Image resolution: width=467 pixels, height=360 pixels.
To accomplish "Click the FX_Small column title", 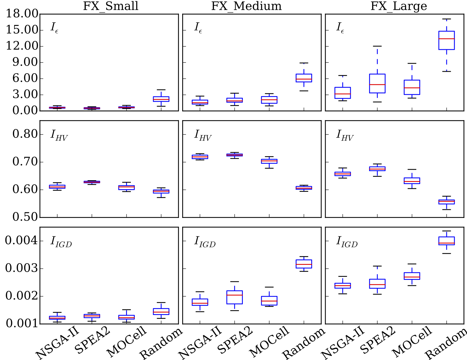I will (x=111, y=6).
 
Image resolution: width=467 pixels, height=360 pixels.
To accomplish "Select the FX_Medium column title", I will (x=246, y=6).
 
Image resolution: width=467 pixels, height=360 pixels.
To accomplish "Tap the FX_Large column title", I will (x=399, y=6).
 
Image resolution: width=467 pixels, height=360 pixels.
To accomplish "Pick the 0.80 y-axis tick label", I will (x=25, y=134).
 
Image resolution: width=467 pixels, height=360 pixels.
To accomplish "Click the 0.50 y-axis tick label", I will (x=25, y=217).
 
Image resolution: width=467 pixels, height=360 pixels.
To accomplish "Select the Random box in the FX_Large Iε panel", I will (x=447, y=40).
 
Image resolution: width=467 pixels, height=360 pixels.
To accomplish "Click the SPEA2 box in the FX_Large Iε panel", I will (x=377, y=83).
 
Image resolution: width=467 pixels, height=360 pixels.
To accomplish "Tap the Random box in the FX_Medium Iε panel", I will (x=304, y=78).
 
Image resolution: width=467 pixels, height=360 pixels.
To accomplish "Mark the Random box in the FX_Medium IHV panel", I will (x=304, y=188).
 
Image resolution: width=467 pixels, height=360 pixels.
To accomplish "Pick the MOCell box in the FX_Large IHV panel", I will (x=412, y=181).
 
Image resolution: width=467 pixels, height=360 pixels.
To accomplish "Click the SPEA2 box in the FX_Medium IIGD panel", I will (x=234, y=297).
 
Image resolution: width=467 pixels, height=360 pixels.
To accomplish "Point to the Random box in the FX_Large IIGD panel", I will (x=447, y=241).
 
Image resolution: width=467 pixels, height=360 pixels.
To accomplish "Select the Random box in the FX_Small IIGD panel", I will (x=161, y=311).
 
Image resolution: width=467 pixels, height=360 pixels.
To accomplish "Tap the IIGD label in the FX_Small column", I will (x=61, y=242).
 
